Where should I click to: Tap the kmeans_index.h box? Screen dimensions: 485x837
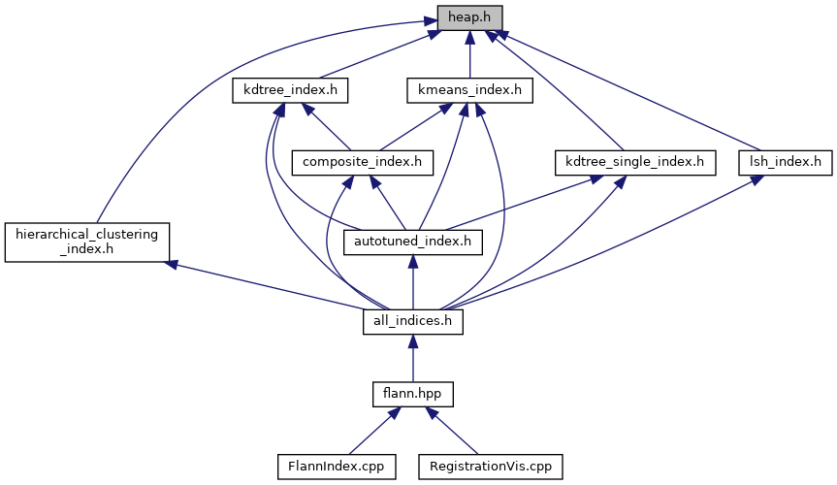pyautogui.click(x=469, y=90)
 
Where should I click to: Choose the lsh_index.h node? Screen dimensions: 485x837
pyautogui.click(x=786, y=161)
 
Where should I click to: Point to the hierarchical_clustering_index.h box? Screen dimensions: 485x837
pyautogui.click(x=87, y=241)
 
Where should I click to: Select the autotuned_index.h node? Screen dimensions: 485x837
pyautogui.click(x=413, y=241)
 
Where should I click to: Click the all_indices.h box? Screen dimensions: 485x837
pyautogui.click(x=413, y=321)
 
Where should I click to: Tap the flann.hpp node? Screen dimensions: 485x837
pyautogui.click(x=413, y=394)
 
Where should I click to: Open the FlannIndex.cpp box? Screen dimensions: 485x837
pyautogui.click(x=331, y=466)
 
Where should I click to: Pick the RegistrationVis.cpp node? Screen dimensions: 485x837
pyautogui.click(x=491, y=466)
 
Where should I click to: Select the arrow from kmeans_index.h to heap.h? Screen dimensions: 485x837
pyautogui.click(x=469, y=53)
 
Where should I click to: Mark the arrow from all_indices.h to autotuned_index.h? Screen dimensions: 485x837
pyautogui.click(x=413, y=281)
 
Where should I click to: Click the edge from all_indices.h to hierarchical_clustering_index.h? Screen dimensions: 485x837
pyautogui.click(x=272, y=286)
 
